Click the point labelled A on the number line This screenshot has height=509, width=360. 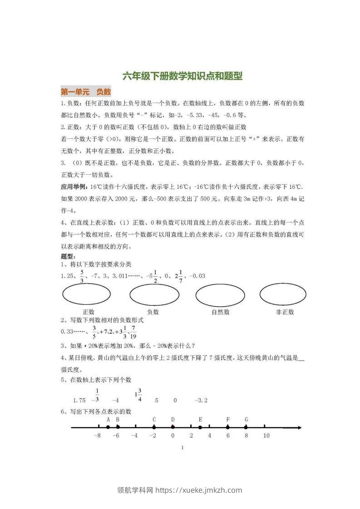(x=108, y=427)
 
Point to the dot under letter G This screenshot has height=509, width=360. (x=246, y=427)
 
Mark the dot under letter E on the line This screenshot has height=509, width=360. (x=200, y=427)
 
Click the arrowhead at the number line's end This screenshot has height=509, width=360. (x=299, y=427)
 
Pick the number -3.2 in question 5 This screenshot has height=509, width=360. (x=201, y=401)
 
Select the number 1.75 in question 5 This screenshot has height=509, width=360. (x=79, y=401)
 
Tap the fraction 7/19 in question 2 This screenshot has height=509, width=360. (x=133, y=332)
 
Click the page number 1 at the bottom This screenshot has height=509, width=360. (x=182, y=448)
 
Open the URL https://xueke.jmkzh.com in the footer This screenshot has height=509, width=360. (x=199, y=490)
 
